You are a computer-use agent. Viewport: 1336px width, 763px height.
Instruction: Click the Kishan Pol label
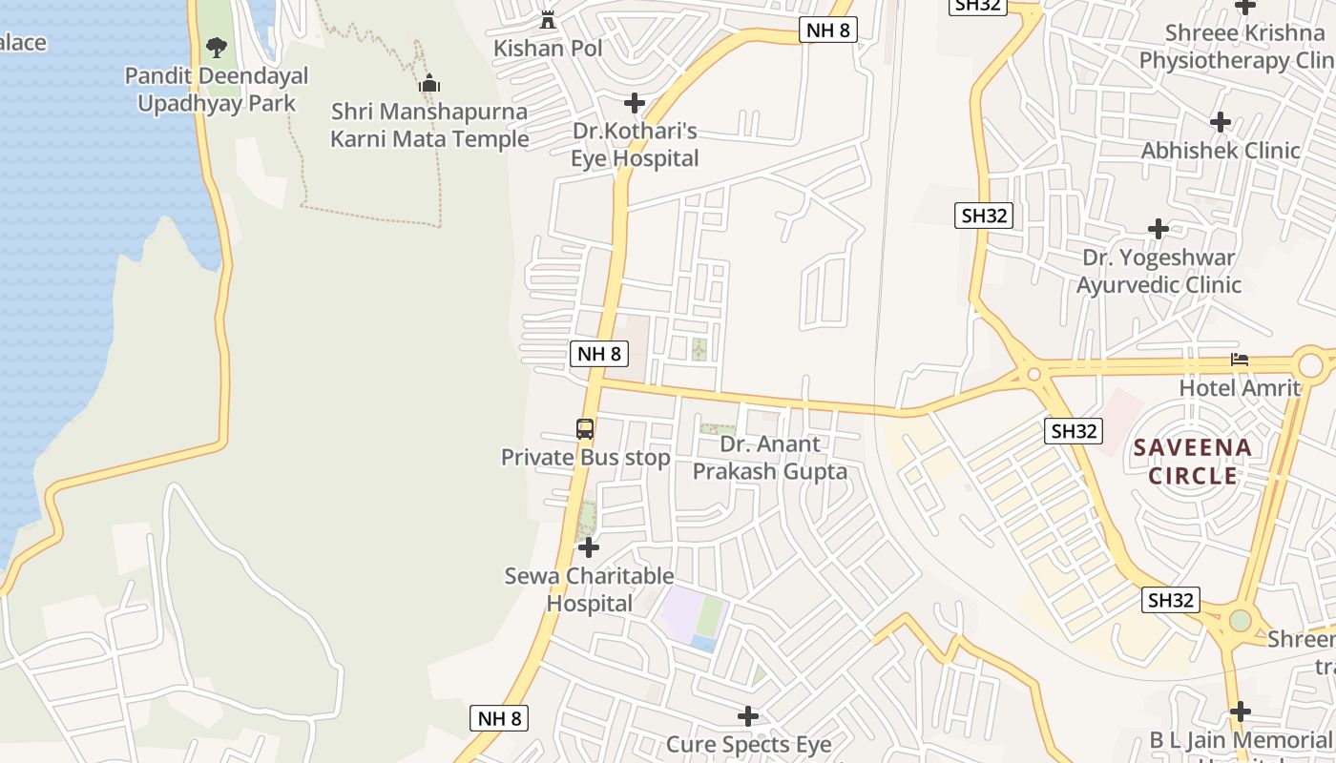pyautogui.click(x=548, y=48)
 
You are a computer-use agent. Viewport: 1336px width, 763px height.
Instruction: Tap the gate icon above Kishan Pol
pyautogui.click(x=548, y=19)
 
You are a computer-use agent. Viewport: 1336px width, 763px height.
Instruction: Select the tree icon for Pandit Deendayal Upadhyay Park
pyautogui.click(x=217, y=47)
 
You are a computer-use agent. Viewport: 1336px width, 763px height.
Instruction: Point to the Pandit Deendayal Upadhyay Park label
pyautogui.click(x=217, y=90)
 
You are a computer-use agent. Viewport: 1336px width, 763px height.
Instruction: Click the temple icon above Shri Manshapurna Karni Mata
pyautogui.click(x=429, y=84)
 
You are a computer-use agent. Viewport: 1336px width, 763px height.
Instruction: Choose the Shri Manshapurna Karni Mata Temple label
pyautogui.click(x=429, y=125)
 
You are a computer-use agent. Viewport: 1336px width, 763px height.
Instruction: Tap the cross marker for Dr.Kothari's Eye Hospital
pyautogui.click(x=635, y=103)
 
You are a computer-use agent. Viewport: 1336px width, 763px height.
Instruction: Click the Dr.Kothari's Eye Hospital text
pyautogui.click(x=635, y=144)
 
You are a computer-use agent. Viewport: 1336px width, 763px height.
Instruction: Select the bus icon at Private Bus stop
pyautogui.click(x=585, y=429)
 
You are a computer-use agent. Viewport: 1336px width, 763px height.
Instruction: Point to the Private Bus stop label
pyautogui.click(x=586, y=458)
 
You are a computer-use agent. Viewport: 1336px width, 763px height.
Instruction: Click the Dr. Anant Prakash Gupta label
pyautogui.click(x=769, y=458)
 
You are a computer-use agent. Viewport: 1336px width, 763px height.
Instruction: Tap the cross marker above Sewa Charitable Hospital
pyautogui.click(x=589, y=547)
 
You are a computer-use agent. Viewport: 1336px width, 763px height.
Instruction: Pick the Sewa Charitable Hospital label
pyautogui.click(x=589, y=589)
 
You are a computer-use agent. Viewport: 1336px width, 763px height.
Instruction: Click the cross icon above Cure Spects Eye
pyautogui.click(x=748, y=715)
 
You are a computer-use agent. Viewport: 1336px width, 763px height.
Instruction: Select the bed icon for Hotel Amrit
pyautogui.click(x=1240, y=360)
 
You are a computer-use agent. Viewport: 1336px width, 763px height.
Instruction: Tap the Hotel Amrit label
pyautogui.click(x=1240, y=388)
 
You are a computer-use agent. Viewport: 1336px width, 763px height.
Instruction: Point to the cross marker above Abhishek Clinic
pyautogui.click(x=1220, y=122)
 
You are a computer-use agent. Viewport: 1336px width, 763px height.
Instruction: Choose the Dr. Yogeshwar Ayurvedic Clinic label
pyautogui.click(x=1159, y=271)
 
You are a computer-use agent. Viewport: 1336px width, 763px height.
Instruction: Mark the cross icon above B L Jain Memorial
pyautogui.click(x=1240, y=711)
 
